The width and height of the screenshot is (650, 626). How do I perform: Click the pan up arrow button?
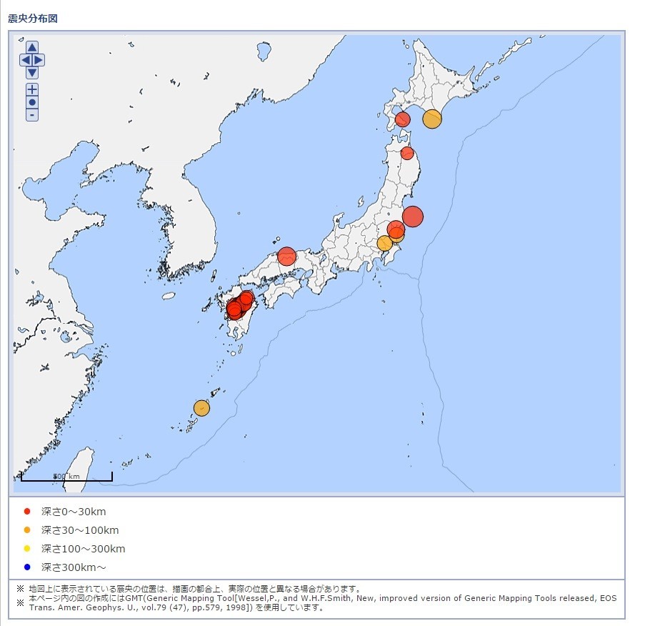coord(32,47)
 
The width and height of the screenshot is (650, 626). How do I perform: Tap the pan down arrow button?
coord(32,72)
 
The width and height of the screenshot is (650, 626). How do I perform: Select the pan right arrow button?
coord(39,60)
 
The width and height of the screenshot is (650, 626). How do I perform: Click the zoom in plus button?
coord(32,89)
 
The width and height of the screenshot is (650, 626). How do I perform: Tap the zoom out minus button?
coord(32,115)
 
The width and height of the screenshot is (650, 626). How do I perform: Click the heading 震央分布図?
coord(33,18)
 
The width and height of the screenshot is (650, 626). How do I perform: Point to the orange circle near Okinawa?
coord(201,408)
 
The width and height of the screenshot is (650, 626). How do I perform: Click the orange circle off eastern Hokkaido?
coord(431,119)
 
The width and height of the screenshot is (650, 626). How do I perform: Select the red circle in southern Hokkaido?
coord(403,119)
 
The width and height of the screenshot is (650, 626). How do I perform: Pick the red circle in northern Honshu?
coord(407,153)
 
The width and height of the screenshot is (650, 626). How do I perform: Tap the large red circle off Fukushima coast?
coord(412,216)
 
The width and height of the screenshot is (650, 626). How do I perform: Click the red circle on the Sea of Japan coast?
coord(286,256)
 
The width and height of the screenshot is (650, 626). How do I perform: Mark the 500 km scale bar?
coord(66,477)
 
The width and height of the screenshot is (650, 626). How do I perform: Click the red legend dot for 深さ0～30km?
coord(27,512)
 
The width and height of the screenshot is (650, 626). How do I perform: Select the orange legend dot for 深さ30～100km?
coord(27,530)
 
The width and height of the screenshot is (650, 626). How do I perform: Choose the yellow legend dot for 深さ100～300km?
coord(27,549)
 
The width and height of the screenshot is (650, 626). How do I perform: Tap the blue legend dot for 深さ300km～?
coord(27,567)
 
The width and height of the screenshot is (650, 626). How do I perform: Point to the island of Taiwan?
coord(84,468)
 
